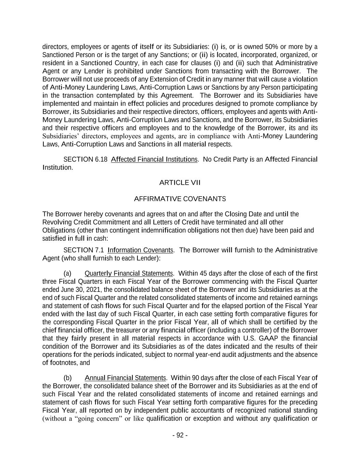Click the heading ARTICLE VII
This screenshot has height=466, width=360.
click(x=180, y=183)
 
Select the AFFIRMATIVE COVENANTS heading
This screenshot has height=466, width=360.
click(x=180, y=199)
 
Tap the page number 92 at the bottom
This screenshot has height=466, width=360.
click(x=180, y=435)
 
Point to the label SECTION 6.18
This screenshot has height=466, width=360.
click(x=85, y=159)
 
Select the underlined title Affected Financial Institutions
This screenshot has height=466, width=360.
click(x=154, y=159)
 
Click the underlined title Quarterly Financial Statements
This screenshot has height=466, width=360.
click(x=129, y=273)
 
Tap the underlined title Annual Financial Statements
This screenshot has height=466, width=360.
click(x=125, y=378)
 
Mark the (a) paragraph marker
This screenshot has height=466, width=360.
click(x=68, y=273)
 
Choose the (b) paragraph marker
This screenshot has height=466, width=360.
click(x=68, y=378)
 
